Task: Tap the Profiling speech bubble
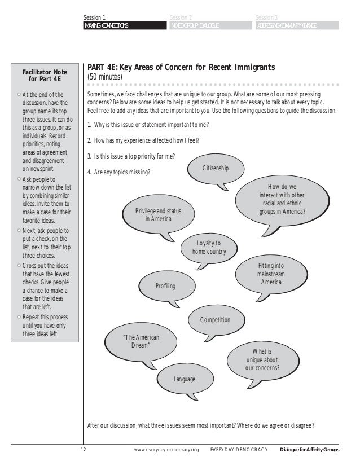click(x=165, y=286)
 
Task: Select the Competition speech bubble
click(x=215, y=320)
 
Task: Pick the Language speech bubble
click(x=184, y=379)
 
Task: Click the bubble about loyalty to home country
click(x=209, y=248)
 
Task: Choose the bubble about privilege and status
click(x=159, y=214)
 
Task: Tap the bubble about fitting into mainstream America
click(x=271, y=273)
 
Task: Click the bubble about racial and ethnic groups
click(x=282, y=199)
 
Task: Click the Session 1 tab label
click(x=94, y=18)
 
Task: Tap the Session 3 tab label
click(x=266, y=18)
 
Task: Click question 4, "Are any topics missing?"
click(x=119, y=172)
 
